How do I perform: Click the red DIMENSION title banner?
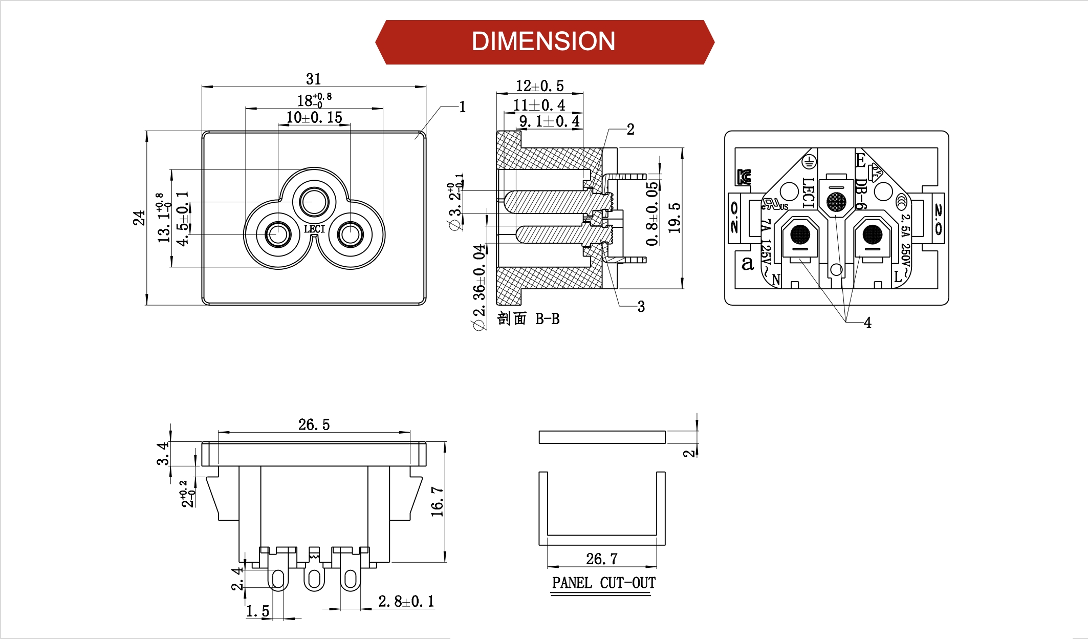[544, 42]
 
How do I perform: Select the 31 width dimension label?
[313, 79]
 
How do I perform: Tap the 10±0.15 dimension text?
[314, 118]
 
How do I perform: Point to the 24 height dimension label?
[139, 218]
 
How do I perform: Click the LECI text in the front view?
[314, 229]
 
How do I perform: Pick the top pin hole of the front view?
[314, 202]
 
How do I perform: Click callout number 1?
[462, 107]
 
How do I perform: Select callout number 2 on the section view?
[630, 130]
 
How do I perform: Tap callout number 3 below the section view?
[641, 307]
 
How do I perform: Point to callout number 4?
[867, 323]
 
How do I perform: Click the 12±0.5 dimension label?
[539, 86]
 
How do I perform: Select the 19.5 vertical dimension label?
[675, 218]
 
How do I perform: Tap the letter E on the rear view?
[860, 161]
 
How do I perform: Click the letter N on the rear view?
[776, 280]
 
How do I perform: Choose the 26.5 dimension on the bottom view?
[314, 424]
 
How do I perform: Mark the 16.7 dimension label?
[437, 502]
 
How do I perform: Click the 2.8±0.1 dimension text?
[406, 601]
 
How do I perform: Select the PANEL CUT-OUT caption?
[603, 583]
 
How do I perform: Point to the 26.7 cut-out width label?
[601, 559]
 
